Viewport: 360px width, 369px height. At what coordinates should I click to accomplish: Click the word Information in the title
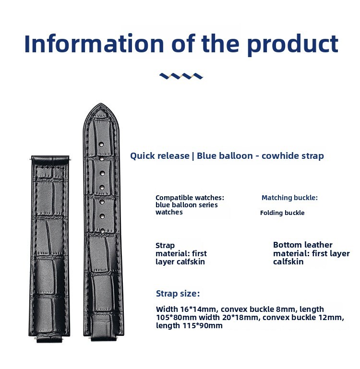coord(94,44)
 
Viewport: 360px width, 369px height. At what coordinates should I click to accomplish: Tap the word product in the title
coord(293,45)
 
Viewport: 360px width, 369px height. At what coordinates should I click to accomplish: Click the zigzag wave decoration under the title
coord(181,76)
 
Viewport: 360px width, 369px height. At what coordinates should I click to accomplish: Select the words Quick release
coord(160,156)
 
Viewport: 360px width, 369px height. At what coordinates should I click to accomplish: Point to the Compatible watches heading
coord(190,198)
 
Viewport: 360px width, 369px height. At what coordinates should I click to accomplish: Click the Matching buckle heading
coord(289,198)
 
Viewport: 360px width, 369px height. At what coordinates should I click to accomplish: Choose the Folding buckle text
coord(282,213)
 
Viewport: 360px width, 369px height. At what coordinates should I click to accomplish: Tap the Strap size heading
coord(178,294)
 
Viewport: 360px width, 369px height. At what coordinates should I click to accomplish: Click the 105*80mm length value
coord(176,317)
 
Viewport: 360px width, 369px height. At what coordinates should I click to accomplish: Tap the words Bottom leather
coord(303,245)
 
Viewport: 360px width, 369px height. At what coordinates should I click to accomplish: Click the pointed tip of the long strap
coord(101,104)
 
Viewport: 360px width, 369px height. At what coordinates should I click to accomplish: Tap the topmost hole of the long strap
coord(102,144)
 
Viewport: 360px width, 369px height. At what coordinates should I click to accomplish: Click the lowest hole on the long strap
coord(102,231)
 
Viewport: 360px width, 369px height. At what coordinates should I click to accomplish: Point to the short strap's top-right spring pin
coord(70,159)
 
